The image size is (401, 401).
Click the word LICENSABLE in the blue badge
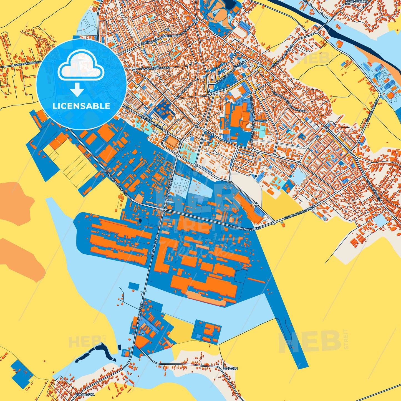coord(81,106)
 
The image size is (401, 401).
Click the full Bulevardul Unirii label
coord(151,122)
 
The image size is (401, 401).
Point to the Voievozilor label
coord(356,2)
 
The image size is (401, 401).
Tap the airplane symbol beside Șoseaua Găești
coord(143,332)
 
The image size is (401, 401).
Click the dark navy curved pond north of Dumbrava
coord(94,352)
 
